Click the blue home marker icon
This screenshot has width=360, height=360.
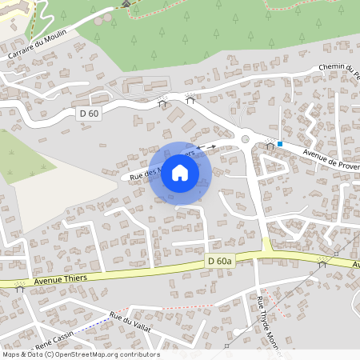point(180,172)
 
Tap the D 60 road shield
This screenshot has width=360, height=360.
point(89,114)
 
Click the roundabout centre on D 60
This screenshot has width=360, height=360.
point(246,139)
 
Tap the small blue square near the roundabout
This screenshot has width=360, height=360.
point(280,144)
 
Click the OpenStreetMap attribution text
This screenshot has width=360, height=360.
point(81,354)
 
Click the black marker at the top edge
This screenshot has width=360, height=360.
point(125,3)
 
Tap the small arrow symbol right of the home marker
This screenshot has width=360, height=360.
point(211,147)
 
